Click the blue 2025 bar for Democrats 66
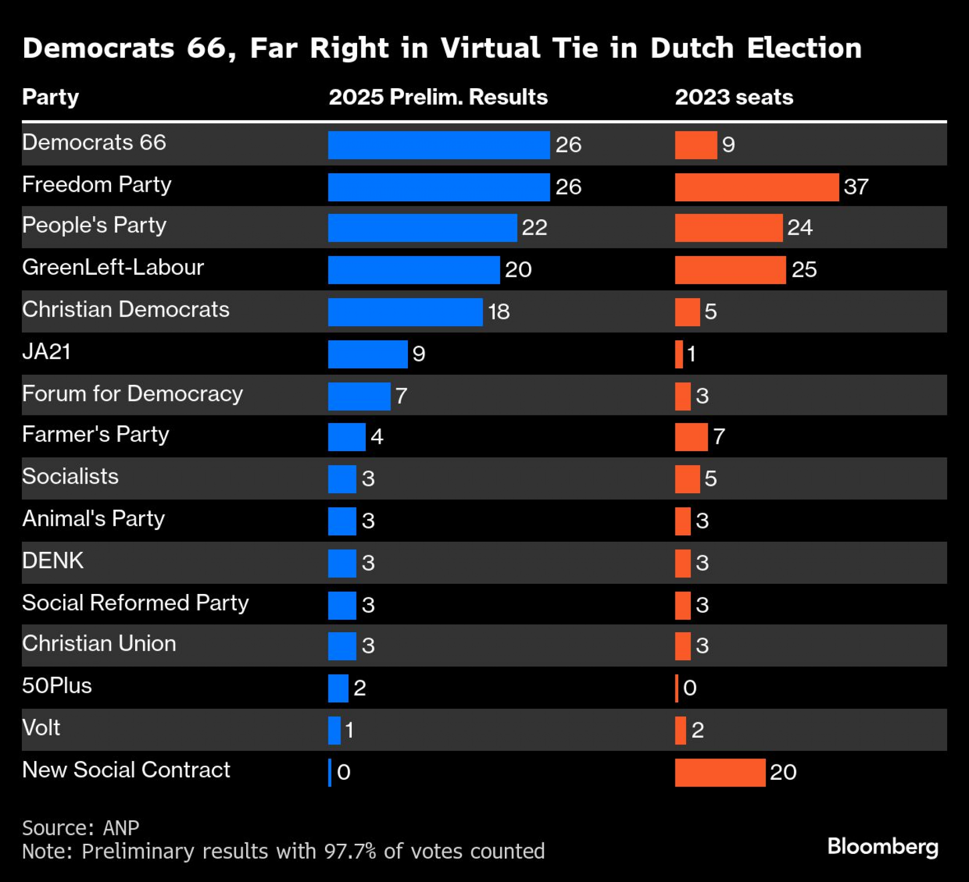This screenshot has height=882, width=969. (438, 145)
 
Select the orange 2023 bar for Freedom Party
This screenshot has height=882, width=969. (756, 187)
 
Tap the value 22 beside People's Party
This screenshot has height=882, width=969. (534, 228)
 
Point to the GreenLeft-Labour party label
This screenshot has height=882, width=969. (113, 267)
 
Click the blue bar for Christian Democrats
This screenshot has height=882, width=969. (405, 312)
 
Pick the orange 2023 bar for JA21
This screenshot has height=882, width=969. (679, 354)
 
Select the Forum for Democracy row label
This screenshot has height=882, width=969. (132, 394)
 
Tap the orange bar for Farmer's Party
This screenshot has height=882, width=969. (691, 437)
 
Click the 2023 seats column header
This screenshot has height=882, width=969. (734, 97)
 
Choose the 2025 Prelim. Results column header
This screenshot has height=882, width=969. (438, 97)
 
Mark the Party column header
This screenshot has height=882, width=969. (50, 97)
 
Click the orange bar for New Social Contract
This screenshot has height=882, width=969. (720, 773)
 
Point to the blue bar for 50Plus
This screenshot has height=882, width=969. (338, 688)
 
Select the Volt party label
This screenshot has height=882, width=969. (41, 728)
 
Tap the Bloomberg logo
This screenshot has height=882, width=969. (882, 846)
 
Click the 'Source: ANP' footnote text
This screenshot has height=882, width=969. (80, 828)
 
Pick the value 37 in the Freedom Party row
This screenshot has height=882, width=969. (856, 187)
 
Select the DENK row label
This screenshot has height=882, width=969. (53, 561)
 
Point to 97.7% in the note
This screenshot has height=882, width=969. (350, 852)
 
